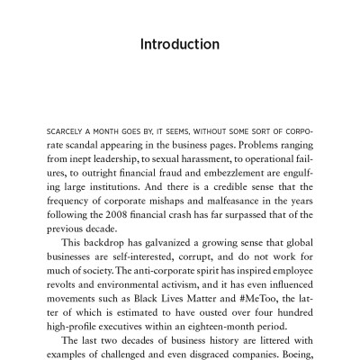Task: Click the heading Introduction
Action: [x=180, y=44]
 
